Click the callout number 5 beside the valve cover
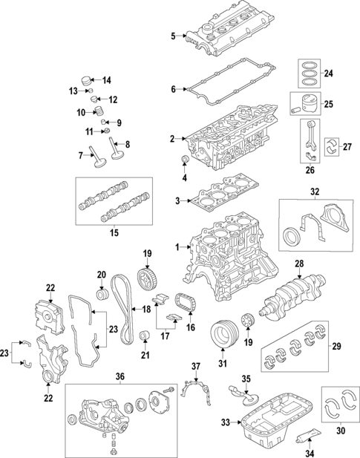[x=173, y=36]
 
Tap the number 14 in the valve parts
[x=105, y=80]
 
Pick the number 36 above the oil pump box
[x=120, y=376]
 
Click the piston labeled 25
[x=308, y=103]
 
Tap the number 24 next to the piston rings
[x=329, y=73]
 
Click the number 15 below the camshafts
[x=114, y=234]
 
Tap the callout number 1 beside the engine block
[x=177, y=246]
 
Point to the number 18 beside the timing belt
[x=146, y=310]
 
